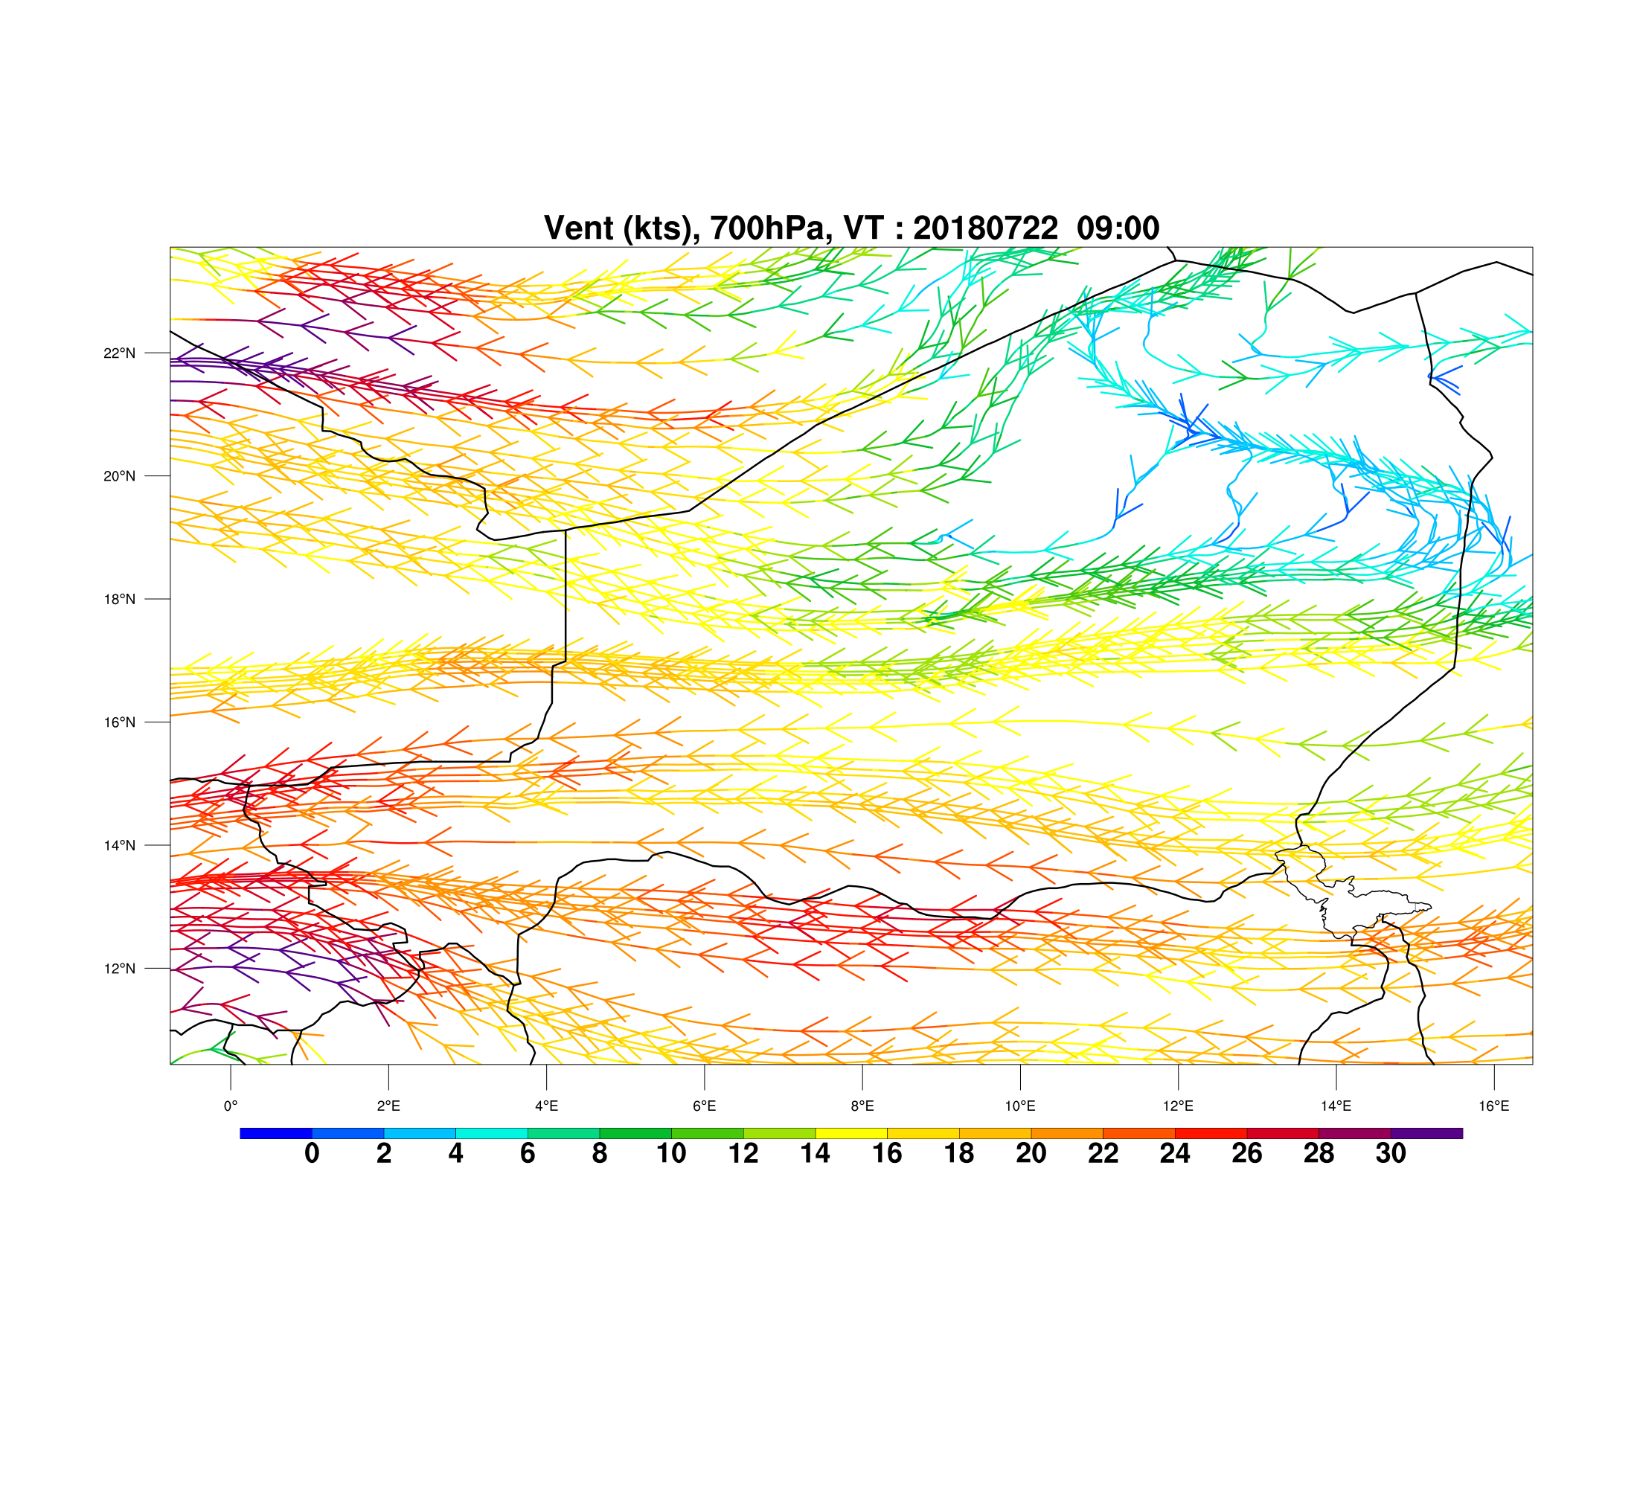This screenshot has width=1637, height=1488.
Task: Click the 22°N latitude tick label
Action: [x=119, y=353]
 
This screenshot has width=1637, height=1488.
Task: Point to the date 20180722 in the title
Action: [x=986, y=228]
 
